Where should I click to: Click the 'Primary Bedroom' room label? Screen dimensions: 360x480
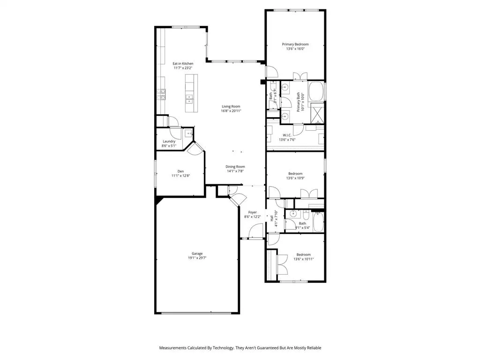coord(295,45)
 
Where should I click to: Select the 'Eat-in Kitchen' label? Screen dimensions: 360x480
coord(183,64)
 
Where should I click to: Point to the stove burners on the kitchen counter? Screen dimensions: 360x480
coord(162,95)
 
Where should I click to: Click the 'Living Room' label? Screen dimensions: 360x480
coord(231,106)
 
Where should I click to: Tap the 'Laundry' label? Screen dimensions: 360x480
coord(169,142)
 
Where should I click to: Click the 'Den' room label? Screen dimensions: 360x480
coord(180,171)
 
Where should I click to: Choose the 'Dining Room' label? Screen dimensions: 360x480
coord(235,167)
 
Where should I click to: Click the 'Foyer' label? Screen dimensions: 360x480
coord(252,212)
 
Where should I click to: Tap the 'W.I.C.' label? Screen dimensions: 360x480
coord(287,135)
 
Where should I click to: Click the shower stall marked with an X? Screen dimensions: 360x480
coord(317,114)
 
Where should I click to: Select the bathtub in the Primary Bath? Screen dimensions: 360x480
coord(316,91)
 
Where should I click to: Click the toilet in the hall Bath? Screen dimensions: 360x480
coord(306,215)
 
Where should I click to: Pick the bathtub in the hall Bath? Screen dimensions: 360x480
coord(318,222)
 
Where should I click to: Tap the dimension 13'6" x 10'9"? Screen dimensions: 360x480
coord(295,178)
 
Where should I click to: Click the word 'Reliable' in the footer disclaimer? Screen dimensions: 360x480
coord(312,348)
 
